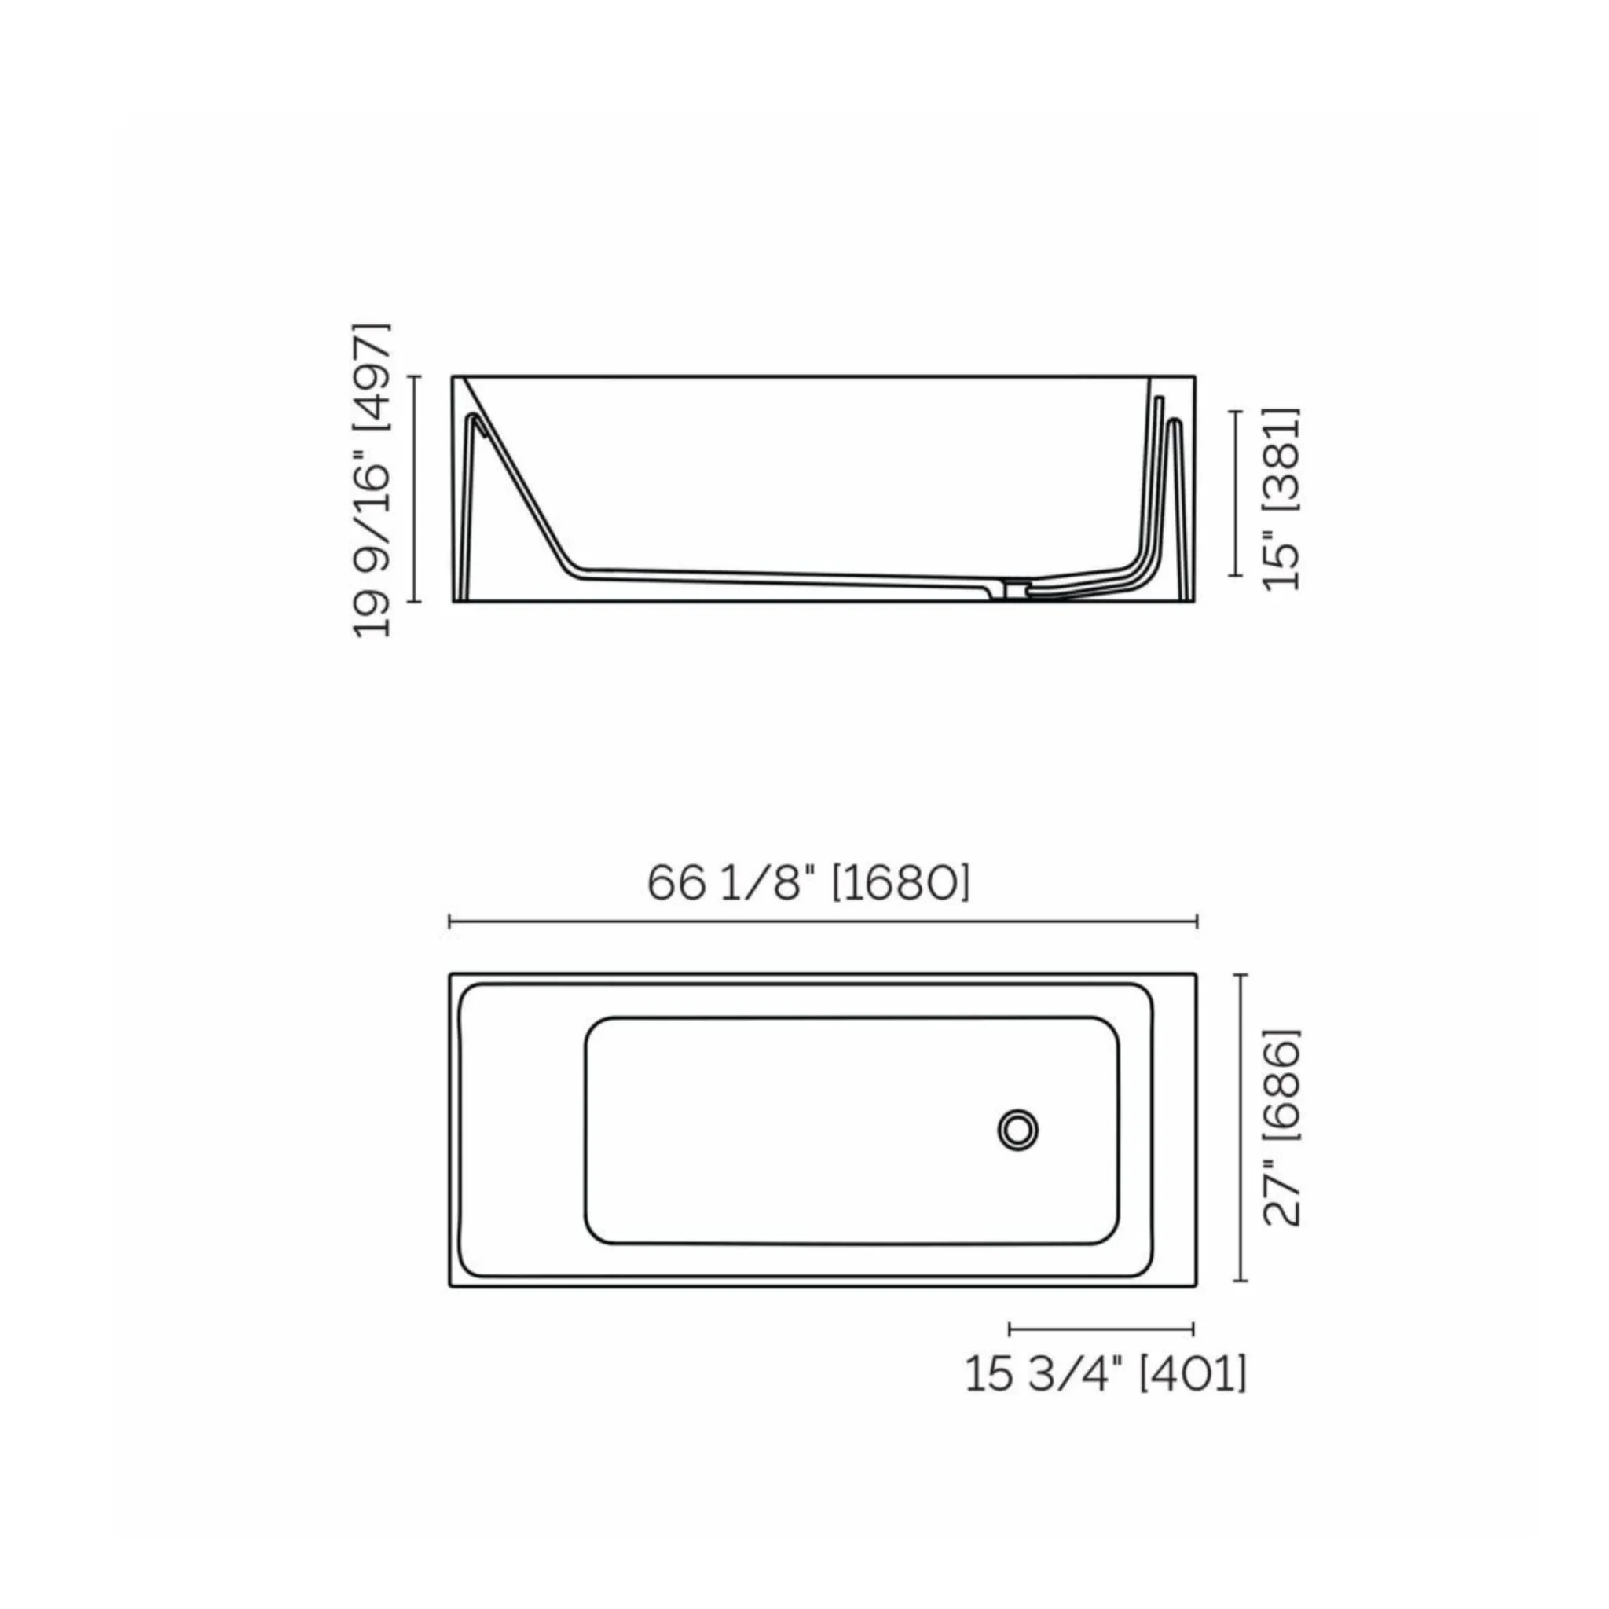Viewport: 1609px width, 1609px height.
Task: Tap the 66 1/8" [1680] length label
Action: [x=808, y=884]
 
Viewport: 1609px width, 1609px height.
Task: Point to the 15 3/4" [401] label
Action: [x=1106, y=1373]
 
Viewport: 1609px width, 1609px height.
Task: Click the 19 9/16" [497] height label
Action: [x=372, y=480]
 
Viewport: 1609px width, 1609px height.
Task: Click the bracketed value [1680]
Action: [x=902, y=884]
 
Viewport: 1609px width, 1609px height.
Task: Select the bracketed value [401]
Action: [x=1193, y=1373]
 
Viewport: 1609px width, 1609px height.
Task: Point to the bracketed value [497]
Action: [x=372, y=376]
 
